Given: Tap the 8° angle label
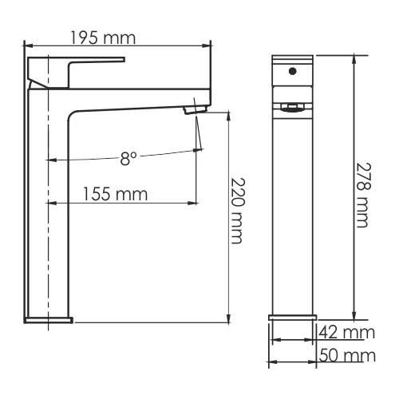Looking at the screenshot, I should pyautogui.click(x=129, y=159).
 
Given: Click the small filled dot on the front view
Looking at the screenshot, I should pyautogui.click(x=293, y=71).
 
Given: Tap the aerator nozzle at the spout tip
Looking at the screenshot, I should pyautogui.click(x=195, y=109).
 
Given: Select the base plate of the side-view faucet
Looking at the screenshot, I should pyautogui.click(x=49, y=319).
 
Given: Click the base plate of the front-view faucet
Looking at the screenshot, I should pyautogui.click(x=293, y=318).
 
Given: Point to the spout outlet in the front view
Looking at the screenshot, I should pyautogui.click(x=293, y=105).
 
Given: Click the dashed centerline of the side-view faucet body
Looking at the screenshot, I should pyautogui.click(x=49, y=239).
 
